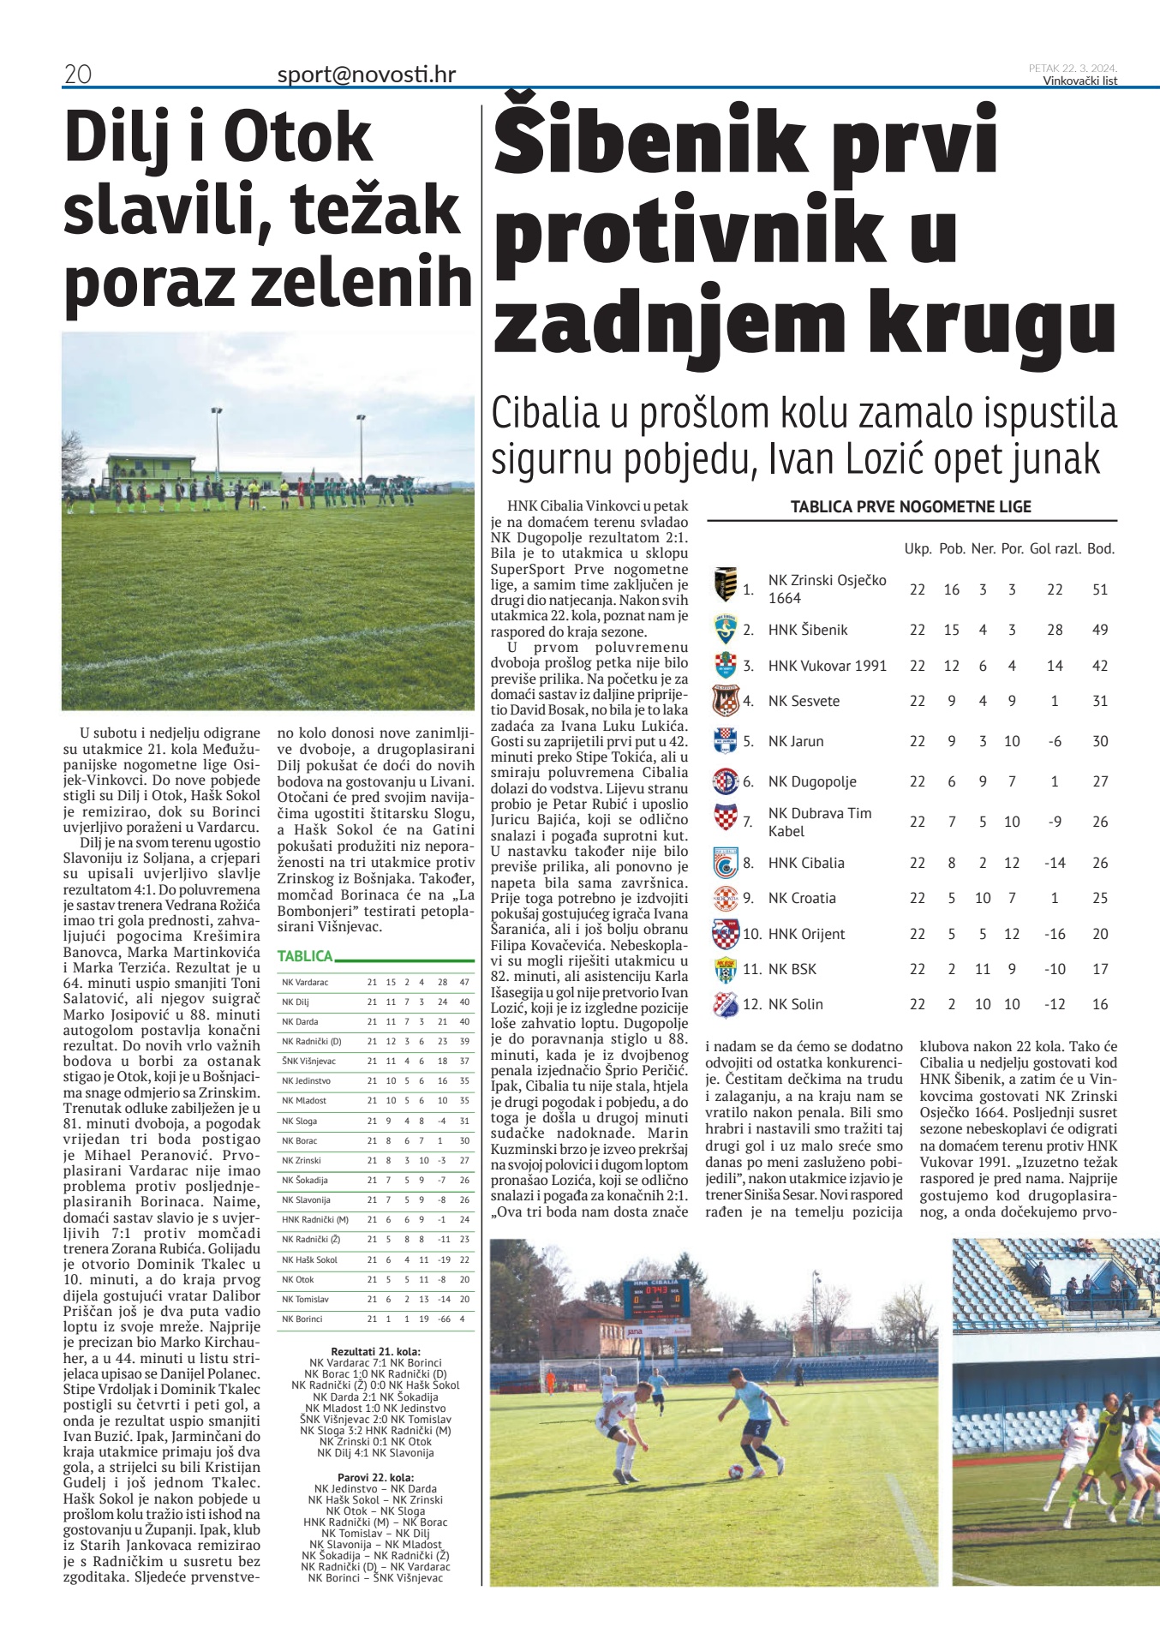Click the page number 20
pos(77,75)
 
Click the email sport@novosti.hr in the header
pos(366,75)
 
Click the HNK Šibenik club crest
pos(725,630)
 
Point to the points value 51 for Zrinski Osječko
pos(1100,589)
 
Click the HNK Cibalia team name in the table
pos(805,863)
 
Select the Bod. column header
pos(1101,548)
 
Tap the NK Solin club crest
pos(725,1004)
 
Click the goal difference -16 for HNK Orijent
pos(1054,934)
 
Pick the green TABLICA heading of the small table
pos(305,956)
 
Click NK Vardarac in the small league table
pos(305,982)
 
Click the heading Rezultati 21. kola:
pos(375,1351)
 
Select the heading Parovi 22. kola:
pos(375,1477)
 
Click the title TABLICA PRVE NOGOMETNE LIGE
pos(911,506)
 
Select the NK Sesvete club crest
pos(725,701)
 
